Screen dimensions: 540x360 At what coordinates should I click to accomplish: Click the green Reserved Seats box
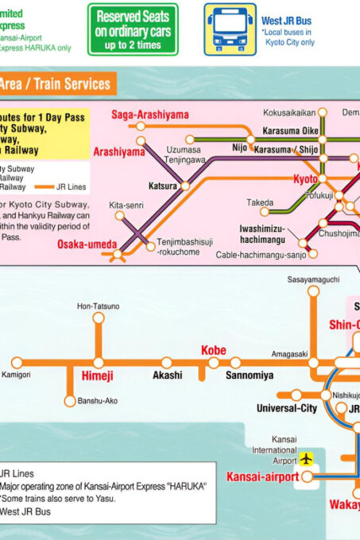pos(133,29)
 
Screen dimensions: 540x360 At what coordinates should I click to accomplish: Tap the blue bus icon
pos(230,29)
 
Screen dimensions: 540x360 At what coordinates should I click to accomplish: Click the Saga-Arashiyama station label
pos(150,114)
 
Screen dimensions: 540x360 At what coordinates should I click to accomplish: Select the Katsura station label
pos(163,185)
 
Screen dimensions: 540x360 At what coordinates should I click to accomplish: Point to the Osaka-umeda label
pos(87,244)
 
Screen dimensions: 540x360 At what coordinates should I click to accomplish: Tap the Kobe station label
pos(213,350)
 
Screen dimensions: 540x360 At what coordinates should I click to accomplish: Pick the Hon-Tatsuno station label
pos(99,306)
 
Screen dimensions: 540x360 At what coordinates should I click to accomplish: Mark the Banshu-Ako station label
pos(98,401)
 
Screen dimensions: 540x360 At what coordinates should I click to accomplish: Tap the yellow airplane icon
pos(307,458)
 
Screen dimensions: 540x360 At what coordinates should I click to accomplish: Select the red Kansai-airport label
pos(262,476)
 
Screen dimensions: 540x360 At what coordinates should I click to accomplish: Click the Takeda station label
pos(260,202)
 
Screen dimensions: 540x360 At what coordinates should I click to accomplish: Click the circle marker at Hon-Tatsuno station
pos(99,318)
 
